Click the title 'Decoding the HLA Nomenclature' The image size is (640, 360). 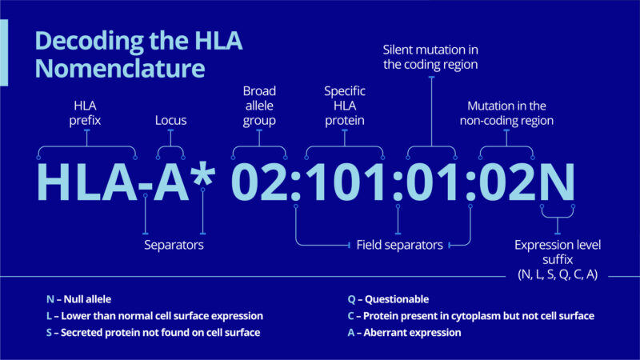coord(138,54)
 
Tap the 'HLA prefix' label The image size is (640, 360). coord(85,113)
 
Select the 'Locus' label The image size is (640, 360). coord(170,121)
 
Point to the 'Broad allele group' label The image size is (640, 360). coord(259,106)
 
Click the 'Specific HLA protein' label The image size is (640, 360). coord(345,106)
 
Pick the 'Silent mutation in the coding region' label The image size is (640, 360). coord(430,57)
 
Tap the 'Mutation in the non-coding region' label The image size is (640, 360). coord(506,113)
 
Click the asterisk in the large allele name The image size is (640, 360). coord(203,175)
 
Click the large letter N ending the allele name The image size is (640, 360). coord(557,182)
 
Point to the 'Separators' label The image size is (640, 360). coord(174,245)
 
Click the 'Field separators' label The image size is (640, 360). coord(399,245)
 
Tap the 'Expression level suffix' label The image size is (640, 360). coord(558,252)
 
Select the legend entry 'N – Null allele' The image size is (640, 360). coord(78,299)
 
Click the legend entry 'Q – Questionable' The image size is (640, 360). coord(388,299)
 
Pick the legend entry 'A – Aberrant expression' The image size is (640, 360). coord(405,333)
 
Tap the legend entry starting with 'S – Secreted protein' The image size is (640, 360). coord(153,333)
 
